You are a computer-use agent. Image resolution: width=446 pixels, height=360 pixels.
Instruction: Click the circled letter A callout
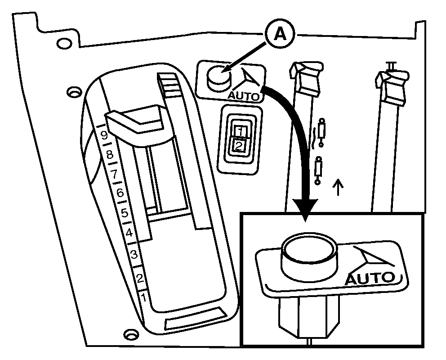pos(280,35)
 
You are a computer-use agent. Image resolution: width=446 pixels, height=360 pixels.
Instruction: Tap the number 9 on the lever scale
pos(104,135)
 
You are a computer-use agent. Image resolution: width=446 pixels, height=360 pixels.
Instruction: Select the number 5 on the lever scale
pos(125,212)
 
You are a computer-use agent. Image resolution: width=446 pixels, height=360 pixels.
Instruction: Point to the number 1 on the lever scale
pos(143,298)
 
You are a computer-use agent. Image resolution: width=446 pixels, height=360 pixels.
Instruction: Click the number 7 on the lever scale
pos(114,173)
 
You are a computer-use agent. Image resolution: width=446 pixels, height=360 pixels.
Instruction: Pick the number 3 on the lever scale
pos(134,254)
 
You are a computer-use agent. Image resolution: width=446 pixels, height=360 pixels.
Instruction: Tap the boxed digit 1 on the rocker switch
pos(241,131)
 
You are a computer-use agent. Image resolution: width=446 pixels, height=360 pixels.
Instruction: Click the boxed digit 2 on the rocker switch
pos(239,146)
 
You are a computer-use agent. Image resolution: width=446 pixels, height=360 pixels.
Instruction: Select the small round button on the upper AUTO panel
pos(218,77)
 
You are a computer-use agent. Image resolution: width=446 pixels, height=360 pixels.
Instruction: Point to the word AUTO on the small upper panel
pos(244,96)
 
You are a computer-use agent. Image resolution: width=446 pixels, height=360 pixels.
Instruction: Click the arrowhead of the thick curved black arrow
pos(305,209)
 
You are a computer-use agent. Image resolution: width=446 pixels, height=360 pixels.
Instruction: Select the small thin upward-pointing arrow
pos(338,187)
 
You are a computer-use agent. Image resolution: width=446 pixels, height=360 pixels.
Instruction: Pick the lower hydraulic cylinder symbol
pos(318,170)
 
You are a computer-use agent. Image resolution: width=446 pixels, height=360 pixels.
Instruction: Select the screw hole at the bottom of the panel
pos(131,334)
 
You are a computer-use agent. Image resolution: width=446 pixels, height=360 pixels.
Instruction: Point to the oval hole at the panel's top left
pos(64,43)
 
